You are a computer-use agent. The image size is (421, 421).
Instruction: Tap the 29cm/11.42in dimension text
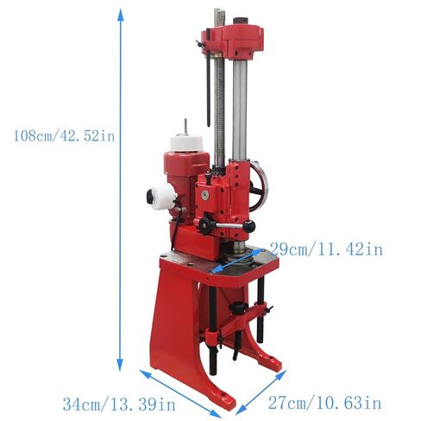point(326,249)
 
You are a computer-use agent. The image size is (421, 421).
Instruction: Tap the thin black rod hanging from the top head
point(207,86)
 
